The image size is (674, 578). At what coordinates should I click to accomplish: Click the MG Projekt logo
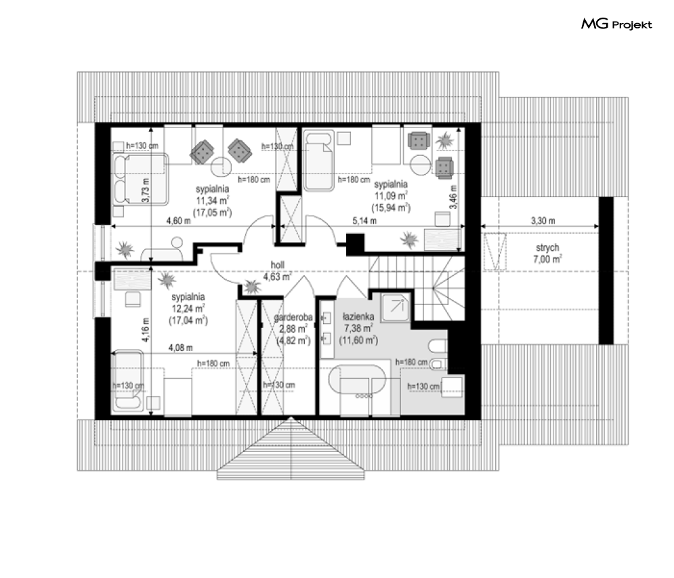coord(616,24)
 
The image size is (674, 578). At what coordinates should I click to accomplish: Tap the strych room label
coord(547,248)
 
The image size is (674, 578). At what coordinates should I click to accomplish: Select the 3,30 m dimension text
coord(543,221)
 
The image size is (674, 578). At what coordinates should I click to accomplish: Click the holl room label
coord(277,265)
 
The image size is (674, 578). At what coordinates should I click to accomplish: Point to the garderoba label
coord(293,317)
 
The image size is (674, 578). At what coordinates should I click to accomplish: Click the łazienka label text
coord(358,316)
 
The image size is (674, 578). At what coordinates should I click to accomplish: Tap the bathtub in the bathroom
coord(357,379)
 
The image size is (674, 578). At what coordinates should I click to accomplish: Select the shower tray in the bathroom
coord(396,307)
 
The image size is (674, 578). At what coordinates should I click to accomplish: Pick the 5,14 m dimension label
coord(364,221)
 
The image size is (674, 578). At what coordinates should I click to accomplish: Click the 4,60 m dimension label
coord(178,221)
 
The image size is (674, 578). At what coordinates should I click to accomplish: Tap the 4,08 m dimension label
coord(181,348)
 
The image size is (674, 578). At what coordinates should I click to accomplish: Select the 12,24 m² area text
coord(188,309)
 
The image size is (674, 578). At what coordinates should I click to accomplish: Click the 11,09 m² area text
coord(391,196)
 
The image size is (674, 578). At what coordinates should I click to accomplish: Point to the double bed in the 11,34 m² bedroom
coord(140,179)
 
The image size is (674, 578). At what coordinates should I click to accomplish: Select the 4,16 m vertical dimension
coord(146,330)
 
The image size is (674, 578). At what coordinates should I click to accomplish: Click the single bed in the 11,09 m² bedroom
coord(318,161)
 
